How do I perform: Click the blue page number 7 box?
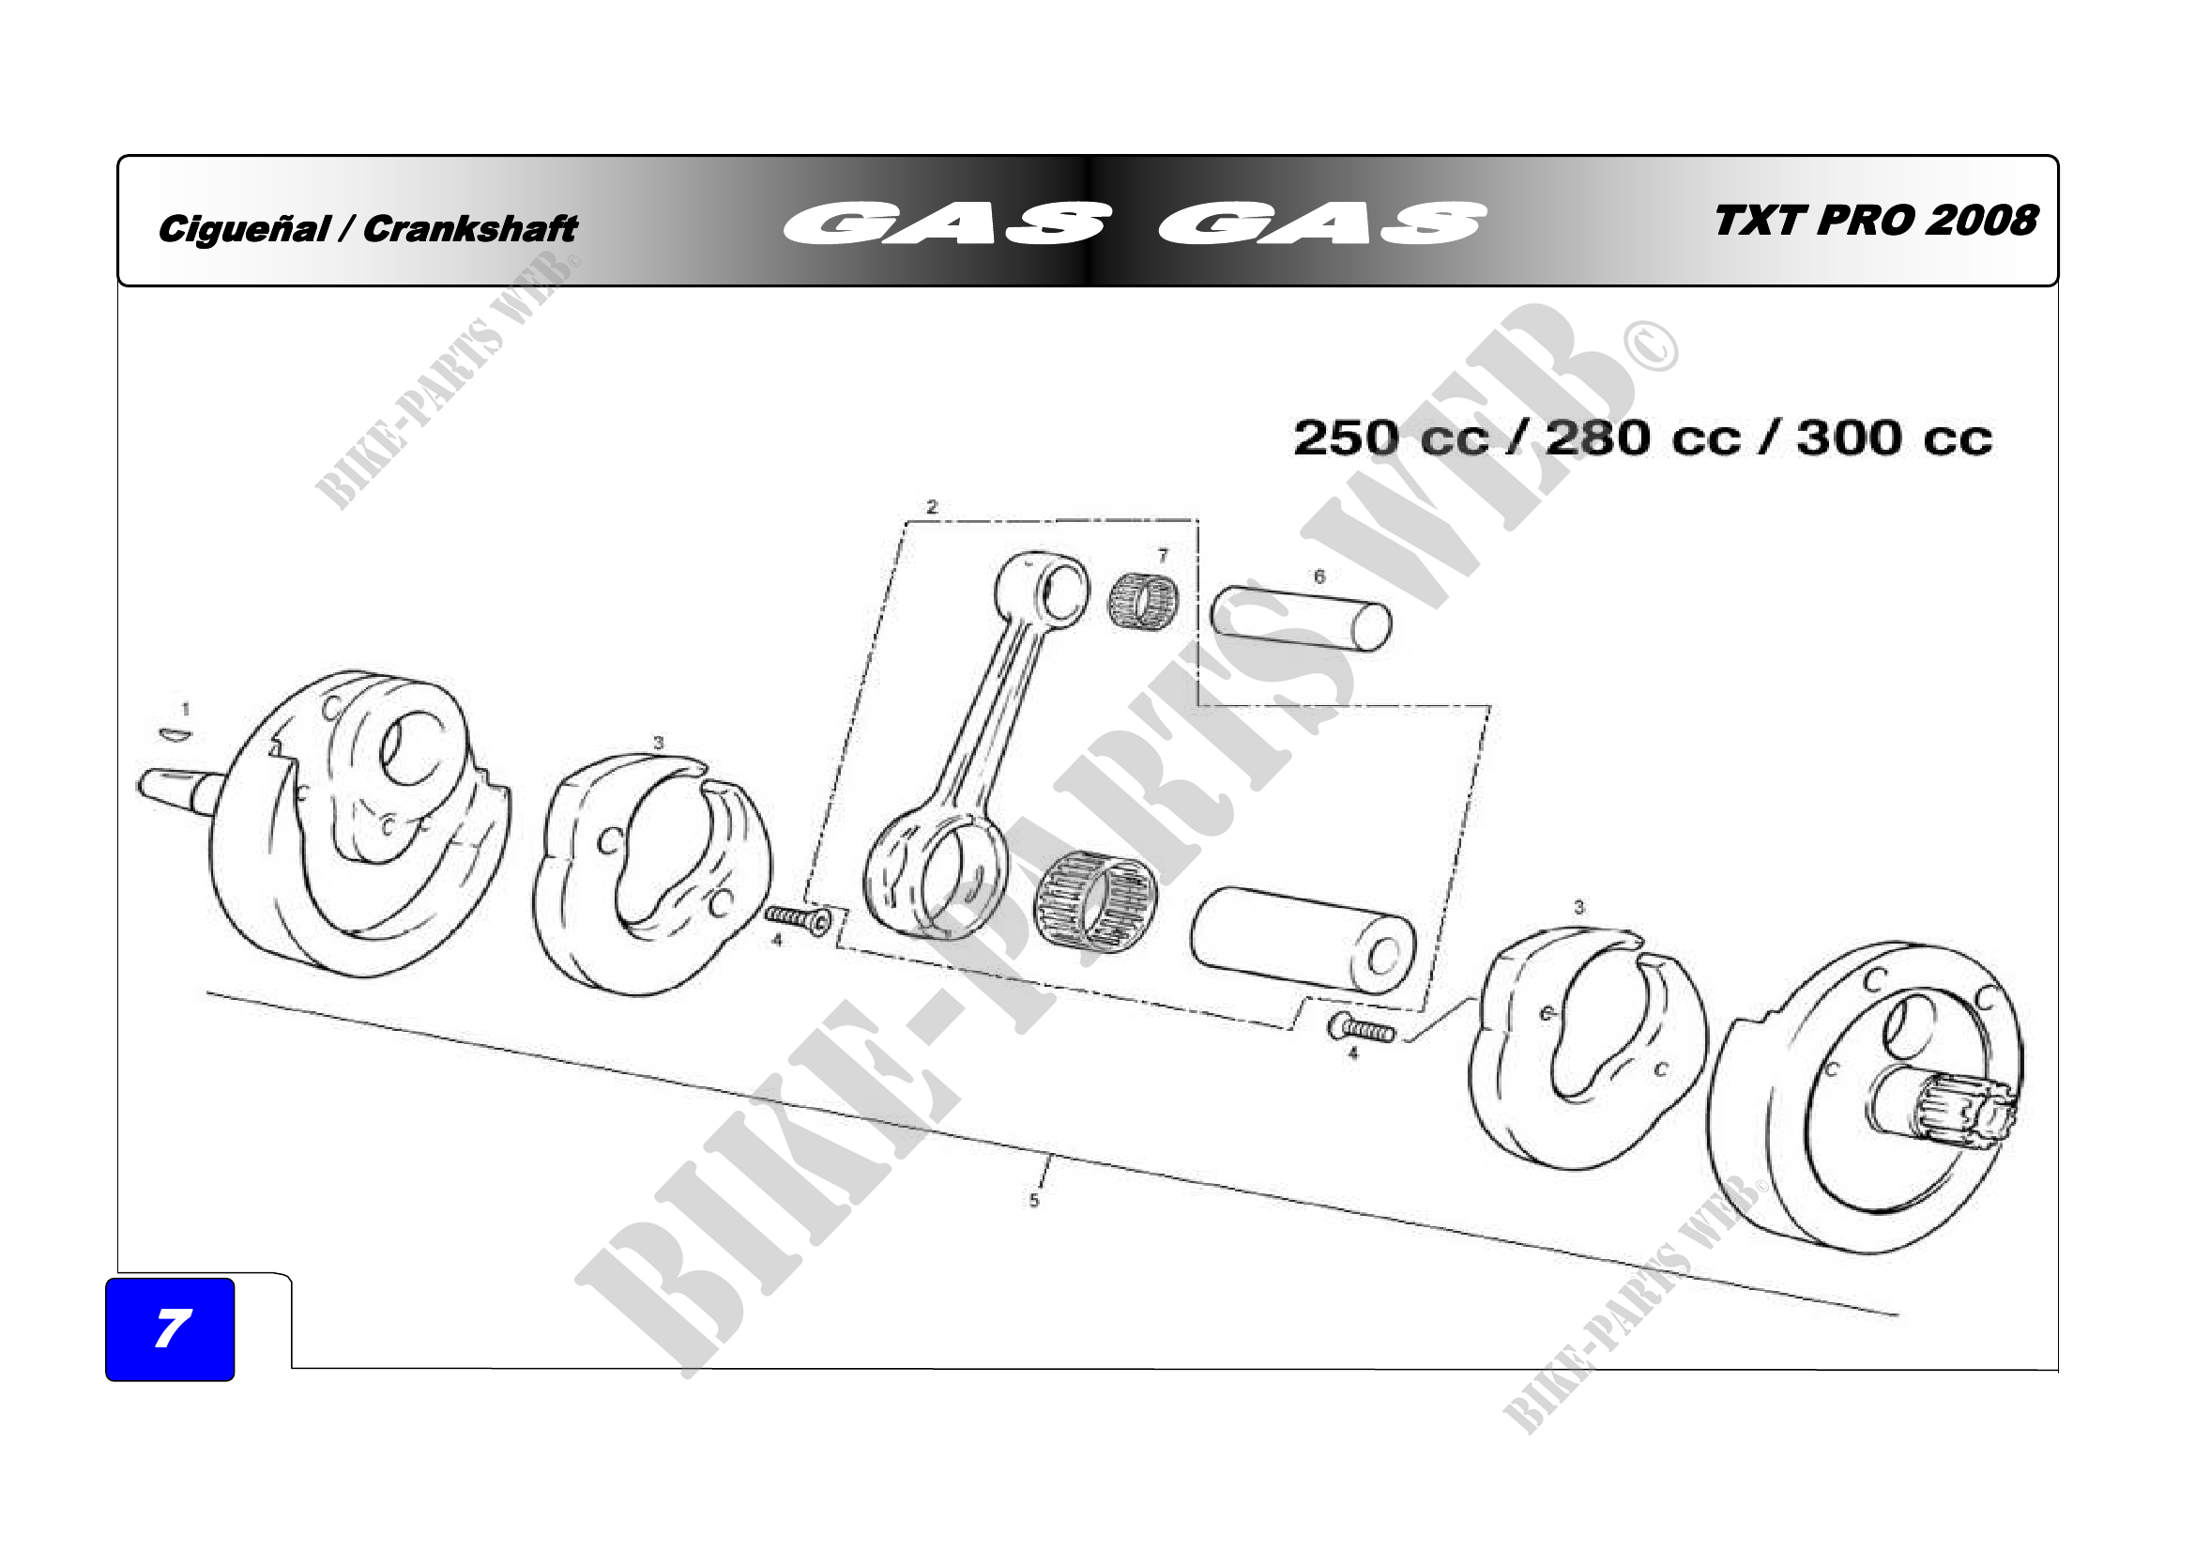pos(170,1329)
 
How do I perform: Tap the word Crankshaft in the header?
pos(470,228)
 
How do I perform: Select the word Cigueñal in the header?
pos(245,229)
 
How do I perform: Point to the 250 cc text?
pos(1391,438)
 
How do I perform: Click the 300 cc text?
pos(1894,438)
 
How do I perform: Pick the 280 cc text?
pos(1642,438)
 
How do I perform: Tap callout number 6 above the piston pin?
pos(1319,576)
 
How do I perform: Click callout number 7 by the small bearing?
pos(1163,556)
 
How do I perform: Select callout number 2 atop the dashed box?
pos(932,507)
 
